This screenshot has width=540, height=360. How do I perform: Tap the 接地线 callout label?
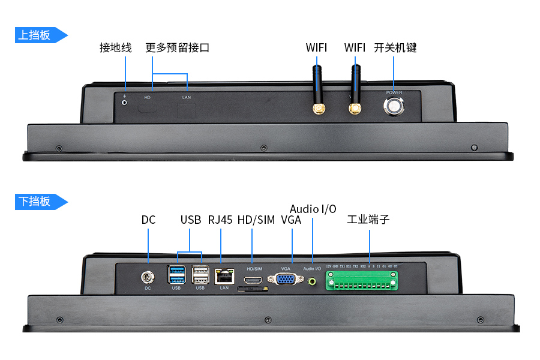pos(116,47)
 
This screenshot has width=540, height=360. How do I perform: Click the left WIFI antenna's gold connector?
pos(318,109)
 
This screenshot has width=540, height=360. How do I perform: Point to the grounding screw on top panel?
pos(125,102)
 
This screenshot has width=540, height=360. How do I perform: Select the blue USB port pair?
pos(176,275)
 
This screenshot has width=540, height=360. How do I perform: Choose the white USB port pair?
pos(200,275)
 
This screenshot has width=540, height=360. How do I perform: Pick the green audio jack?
pos(312,281)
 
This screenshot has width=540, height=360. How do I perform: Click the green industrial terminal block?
pos(361,280)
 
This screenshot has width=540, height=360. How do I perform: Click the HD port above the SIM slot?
pos(255,280)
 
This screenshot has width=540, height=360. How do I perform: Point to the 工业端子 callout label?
pos(368,220)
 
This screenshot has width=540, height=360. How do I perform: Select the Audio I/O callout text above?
pos(313,209)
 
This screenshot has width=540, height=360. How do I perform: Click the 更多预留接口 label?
pos(177,47)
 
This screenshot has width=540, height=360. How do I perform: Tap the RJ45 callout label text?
pos(220,220)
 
